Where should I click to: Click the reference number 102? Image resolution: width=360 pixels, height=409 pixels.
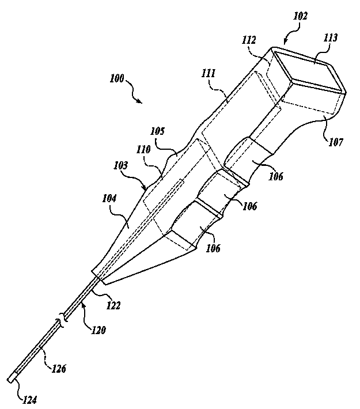[300, 17]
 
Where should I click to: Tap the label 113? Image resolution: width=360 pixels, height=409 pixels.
[331, 38]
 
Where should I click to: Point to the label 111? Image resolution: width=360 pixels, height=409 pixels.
[209, 73]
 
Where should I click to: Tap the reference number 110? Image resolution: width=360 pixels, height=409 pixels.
[143, 150]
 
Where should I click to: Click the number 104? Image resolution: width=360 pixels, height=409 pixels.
[109, 199]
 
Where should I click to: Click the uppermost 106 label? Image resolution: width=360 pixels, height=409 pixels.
[275, 176]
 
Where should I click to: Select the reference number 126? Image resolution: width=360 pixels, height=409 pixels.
[59, 368]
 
